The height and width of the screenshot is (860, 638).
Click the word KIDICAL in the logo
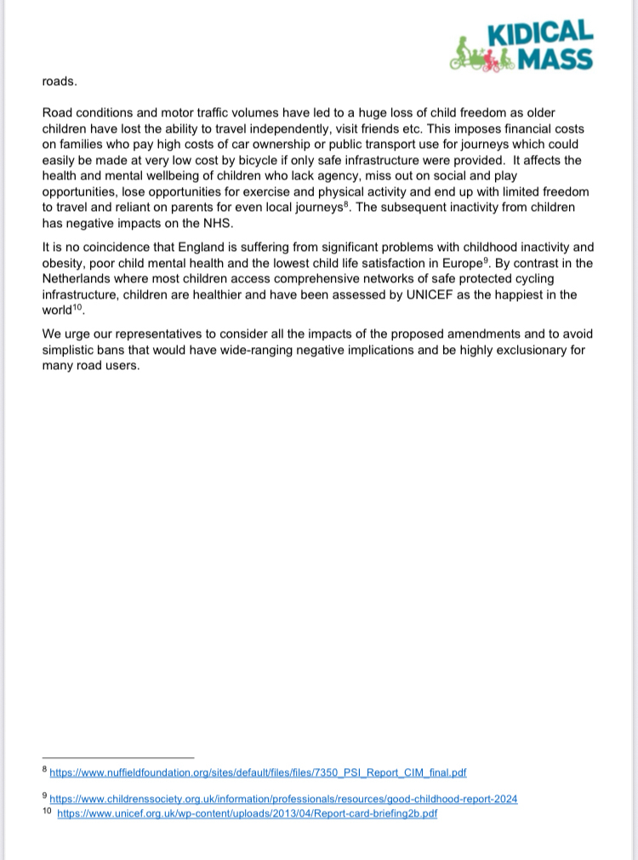point(540,33)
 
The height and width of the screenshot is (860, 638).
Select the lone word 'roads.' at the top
point(60,83)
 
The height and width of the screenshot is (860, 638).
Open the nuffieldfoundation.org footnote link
point(258,772)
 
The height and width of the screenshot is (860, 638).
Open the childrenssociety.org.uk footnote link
point(283,799)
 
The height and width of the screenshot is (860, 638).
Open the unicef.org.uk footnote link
point(247,813)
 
